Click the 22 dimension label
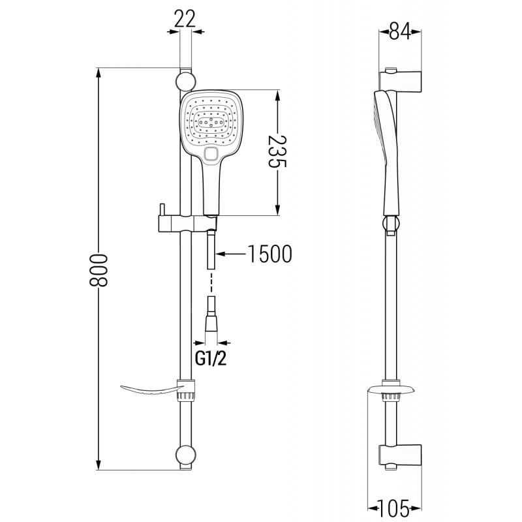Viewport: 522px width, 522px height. pos(186,18)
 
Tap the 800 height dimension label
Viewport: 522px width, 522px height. pos(99,268)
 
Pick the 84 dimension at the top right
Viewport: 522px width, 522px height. pos(399,31)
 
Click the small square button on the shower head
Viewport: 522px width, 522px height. pos(211,154)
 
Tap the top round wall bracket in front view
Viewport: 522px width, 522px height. pos(185,82)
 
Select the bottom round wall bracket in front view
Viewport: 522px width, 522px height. pos(185,455)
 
